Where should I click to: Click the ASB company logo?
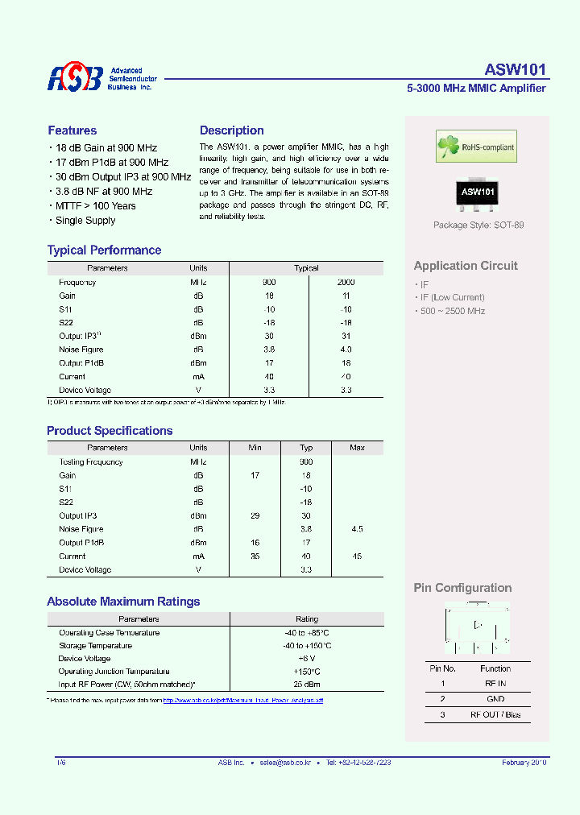pyautogui.click(x=75, y=77)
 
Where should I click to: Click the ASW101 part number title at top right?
pyautogui.click(x=515, y=69)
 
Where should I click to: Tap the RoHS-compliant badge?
pyautogui.click(x=475, y=147)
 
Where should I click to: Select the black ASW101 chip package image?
pyautogui.click(x=477, y=193)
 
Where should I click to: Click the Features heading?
pyautogui.click(x=72, y=130)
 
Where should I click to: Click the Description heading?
pyautogui.click(x=231, y=130)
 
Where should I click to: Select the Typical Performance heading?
pyautogui.click(x=104, y=250)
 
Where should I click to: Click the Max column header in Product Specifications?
pyautogui.click(x=357, y=448)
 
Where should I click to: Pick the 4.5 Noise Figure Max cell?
pyautogui.click(x=357, y=529)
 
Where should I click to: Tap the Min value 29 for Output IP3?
pyautogui.click(x=255, y=515)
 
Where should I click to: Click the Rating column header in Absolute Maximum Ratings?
pyautogui.click(x=306, y=619)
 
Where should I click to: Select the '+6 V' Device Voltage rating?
pyautogui.click(x=306, y=659)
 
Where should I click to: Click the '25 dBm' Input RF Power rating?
pyautogui.click(x=306, y=685)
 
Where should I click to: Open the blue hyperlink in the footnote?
pyautogui.click(x=242, y=701)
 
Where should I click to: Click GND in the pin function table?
pyautogui.click(x=495, y=699)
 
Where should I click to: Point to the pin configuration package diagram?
pyautogui.click(x=477, y=629)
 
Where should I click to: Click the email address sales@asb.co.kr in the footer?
pyautogui.click(x=288, y=762)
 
